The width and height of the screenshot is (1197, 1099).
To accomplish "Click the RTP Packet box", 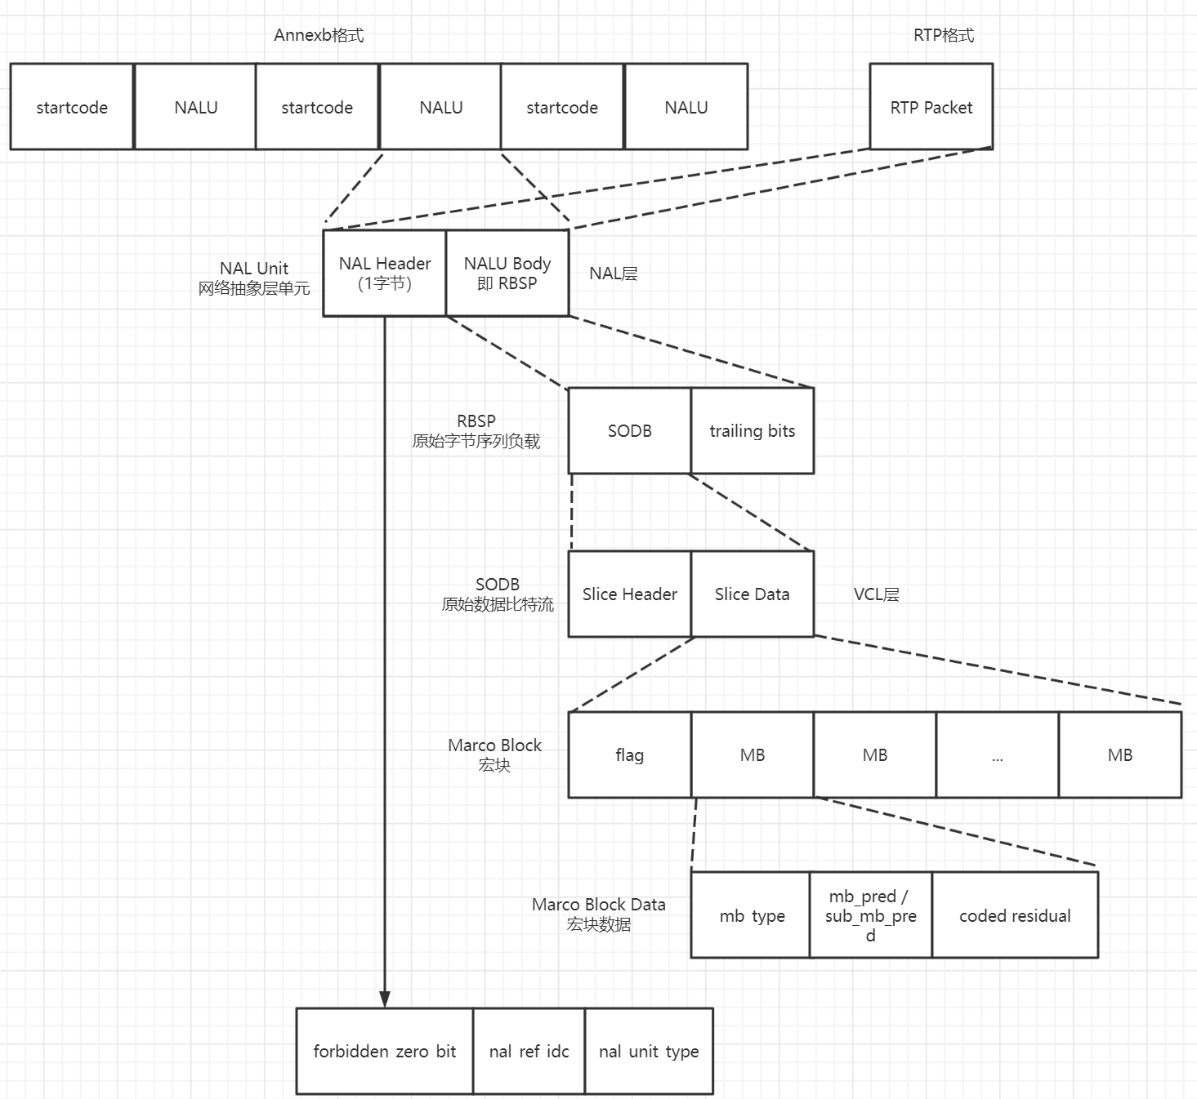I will (x=931, y=107).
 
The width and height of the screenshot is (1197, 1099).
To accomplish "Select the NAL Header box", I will (x=384, y=273).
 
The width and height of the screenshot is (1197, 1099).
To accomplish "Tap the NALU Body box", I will (x=507, y=273).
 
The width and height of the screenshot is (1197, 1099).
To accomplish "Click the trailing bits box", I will (x=752, y=430).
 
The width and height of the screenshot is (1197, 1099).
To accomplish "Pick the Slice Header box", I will (x=629, y=594).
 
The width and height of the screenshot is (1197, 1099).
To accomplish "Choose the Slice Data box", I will (x=752, y=594).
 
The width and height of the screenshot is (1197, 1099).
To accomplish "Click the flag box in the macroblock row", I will (x=629, y=754).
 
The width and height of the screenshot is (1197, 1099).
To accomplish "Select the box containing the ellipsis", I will (x=997, y=754).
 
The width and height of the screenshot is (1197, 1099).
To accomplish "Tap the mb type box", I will (x=751, y=915).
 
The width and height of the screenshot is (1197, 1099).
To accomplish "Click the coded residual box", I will (x=1015, y=915).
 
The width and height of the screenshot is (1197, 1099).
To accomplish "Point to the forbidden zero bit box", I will (x=384, y=1051).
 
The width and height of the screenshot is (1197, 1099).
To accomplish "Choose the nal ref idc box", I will (x=529, y=1051).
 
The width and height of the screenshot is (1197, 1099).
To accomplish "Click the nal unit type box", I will (x=649, y=1051).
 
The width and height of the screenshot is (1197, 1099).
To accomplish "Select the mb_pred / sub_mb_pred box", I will (x=870, y=915).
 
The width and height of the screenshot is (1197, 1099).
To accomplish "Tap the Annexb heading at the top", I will (x=319, y=35).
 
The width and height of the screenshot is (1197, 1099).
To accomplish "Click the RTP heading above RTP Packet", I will (x=943, y=35).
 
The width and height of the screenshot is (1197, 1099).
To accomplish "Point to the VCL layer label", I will (x=876, y=594).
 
